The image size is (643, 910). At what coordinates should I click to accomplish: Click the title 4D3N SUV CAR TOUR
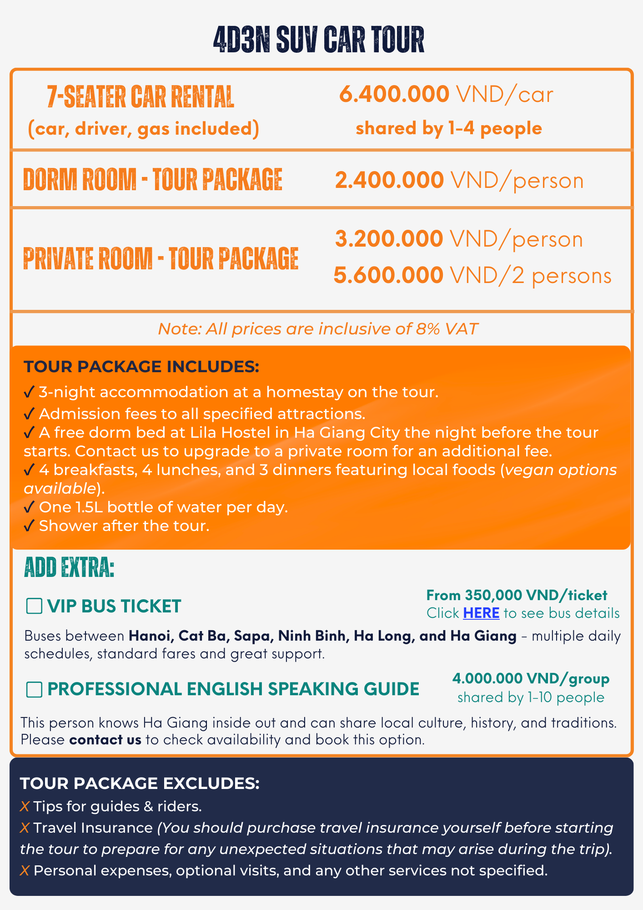point(319,40)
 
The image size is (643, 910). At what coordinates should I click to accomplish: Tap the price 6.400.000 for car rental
point(394,94)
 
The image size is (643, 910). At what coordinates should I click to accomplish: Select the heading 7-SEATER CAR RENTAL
point(141,96)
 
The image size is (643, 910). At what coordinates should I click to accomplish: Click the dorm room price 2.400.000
point(389,180)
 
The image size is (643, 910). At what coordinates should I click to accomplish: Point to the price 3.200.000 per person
point(389,239)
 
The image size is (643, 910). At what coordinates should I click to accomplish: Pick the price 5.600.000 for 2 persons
point(388,275)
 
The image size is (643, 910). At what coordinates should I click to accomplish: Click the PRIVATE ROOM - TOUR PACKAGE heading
point(161,258)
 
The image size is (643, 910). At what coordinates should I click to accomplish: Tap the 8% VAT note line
point(318,329)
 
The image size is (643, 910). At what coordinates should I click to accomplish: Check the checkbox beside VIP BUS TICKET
point(34,606)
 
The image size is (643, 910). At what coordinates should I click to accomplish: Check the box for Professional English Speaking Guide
point(34,689)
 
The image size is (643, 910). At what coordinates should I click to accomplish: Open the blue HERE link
point(481,613)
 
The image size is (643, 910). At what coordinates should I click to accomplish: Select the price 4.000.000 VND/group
point(531,678)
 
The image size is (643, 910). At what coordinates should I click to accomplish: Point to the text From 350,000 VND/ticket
point(517,595)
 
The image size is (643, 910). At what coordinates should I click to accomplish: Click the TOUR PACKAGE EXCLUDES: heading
point(140,784)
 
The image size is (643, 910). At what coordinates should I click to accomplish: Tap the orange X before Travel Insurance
point(25,828)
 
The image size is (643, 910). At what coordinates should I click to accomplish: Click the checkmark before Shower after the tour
point(29,526)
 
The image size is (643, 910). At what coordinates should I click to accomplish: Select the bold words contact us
point(105,740)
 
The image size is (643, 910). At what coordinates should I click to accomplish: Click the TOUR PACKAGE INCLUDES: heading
point(141,367)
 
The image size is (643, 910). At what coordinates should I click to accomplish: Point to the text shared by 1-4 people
point(449,128)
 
